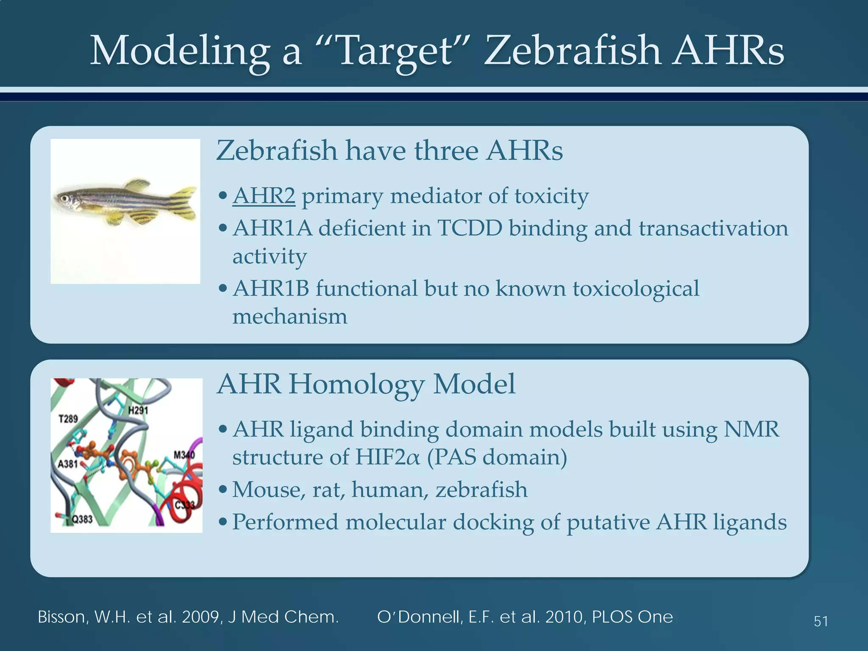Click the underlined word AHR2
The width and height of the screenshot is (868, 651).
click(264, 196)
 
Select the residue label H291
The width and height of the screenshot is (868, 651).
click(138, 410)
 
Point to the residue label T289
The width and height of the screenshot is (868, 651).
click(68, 419)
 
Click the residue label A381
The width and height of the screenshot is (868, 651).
click(68, 464)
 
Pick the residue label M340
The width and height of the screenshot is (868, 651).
click(184, 455)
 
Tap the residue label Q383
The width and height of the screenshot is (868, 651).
click(81, 519)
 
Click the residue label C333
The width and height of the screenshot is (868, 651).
click(185, 505)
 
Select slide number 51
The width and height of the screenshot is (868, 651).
click(821, 621)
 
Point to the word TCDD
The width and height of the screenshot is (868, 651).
click(469, 228)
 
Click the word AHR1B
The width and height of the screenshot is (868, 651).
click(271, 289)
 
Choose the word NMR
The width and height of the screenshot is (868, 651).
click(751, 429)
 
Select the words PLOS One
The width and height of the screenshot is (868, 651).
click(632, 617)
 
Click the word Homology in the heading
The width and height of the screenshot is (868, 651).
click(356, 384)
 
